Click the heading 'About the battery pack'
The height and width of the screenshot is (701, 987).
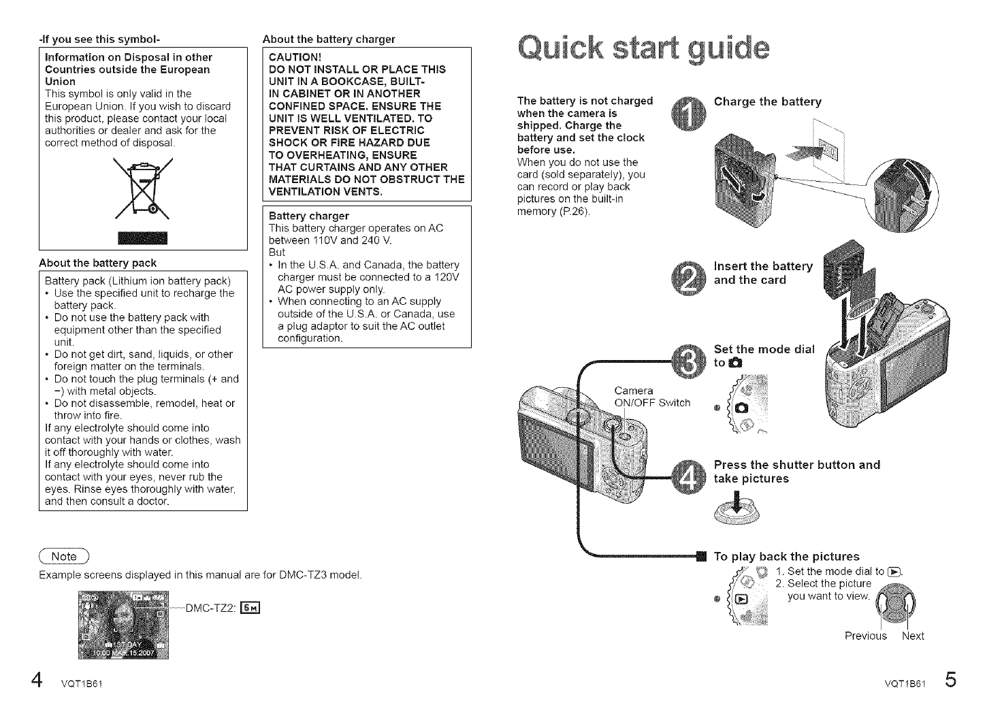coord(97,263)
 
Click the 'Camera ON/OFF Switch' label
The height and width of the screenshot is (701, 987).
coord(651,397)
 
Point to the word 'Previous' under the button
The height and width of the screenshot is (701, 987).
coord(865,636)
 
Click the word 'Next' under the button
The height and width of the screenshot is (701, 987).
coord(913,636)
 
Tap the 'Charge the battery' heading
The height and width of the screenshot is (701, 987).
coord(767,102)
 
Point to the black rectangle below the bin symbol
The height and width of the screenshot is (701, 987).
coord(142,238)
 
